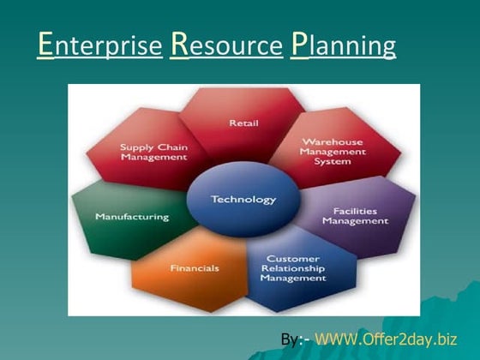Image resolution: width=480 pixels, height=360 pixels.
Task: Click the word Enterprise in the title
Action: (x=100, y=44)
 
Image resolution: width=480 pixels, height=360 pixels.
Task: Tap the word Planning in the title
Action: (x=343, y=44)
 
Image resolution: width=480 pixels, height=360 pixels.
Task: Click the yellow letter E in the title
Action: (x=46, y=44)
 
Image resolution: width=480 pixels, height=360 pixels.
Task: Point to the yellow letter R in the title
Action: (x=180, y=44)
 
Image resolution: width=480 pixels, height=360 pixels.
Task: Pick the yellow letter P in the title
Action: (x=299, y=44)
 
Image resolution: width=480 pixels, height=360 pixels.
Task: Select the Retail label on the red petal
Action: (x=243, y=123)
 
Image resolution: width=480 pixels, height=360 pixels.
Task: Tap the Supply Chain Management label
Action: (x=154, y=152)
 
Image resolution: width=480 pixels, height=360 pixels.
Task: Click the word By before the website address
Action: (x=290, y=340)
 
